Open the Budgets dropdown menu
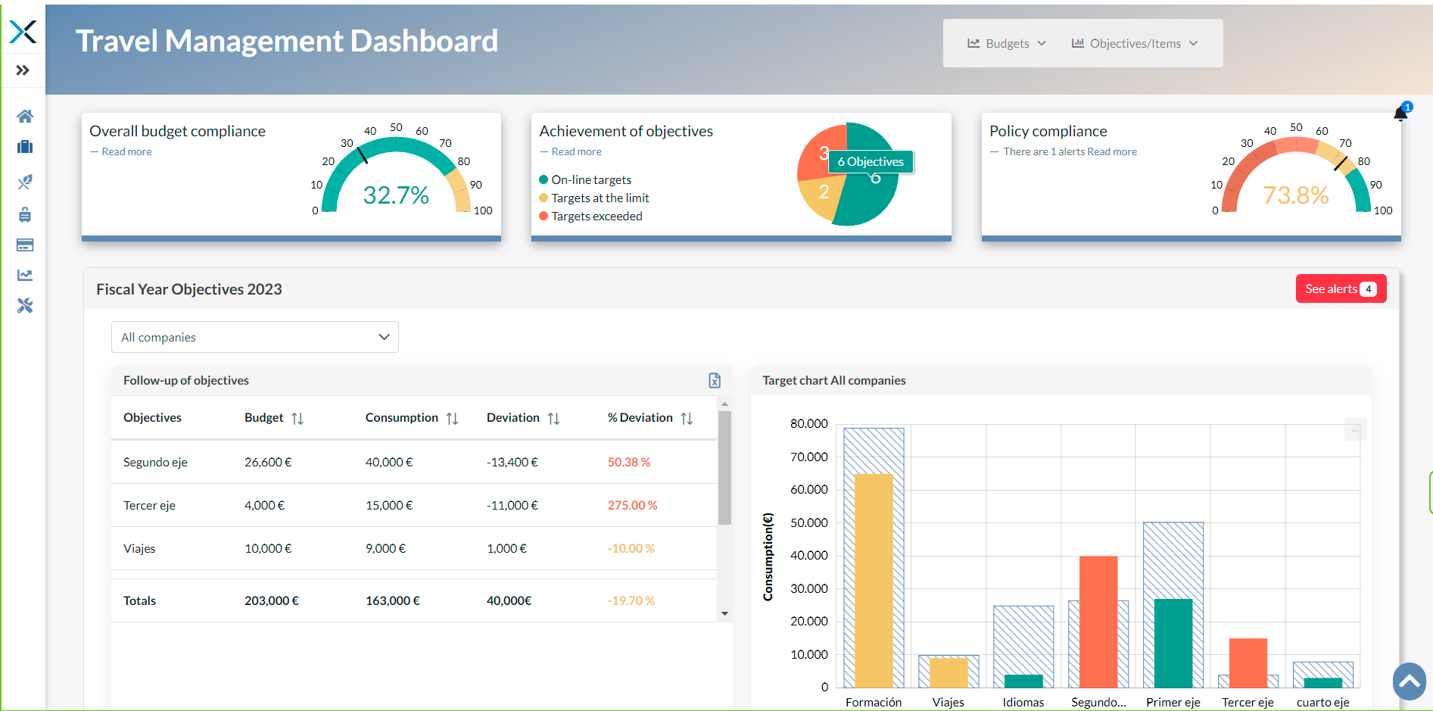pyautogui.click(x=1007, y=43)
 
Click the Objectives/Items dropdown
pyautogui.click(x=1134, y=43)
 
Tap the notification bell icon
pyautogui.click(x=1400, y=114)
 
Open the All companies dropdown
pyautogui.click(x=255, y=337)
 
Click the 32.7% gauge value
pyautogui.click(x=396, y=195)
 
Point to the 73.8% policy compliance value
pyautogui.click(x=1295, y=195)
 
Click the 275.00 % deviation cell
pyautogui.click(x=632, y=505)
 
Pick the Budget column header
pyautogui.click(x=264, y=418)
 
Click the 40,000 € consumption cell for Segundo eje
pyautogui.click(x=389, y=462)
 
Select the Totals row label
pyautogui.click(x=139, y=600)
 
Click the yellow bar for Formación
pyautogui.click(x=874, y=581)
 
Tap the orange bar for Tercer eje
pyautogui.click(x=1248, y=663)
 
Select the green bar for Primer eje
pyautogui.click(x=1173, y=643)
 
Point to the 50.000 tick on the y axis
pyautogui.click(x=809, y=522)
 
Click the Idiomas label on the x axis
pyautogui.click(x=1023, y=702)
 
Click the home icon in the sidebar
pyautogui.click(x=25, y=116)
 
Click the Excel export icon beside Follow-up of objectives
pyautogui.click(x=715, y=380)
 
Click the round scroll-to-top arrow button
pyautogui.click(x=1410, y=681)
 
